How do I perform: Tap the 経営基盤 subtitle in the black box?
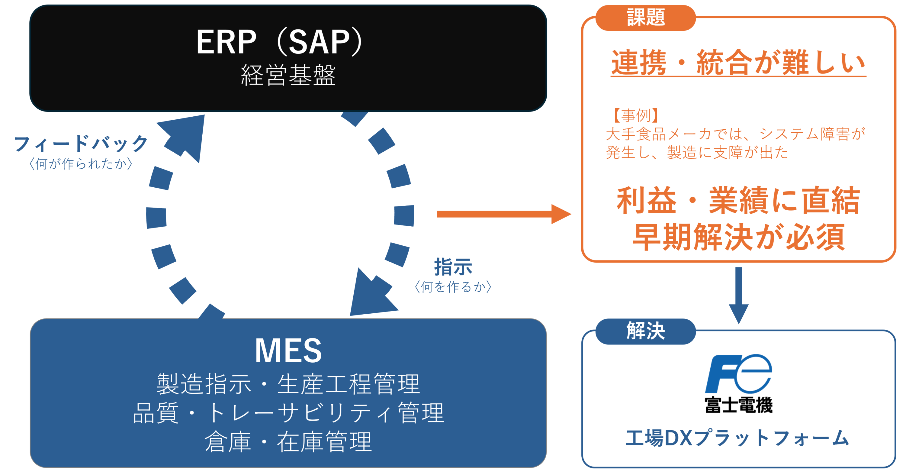[288, 75]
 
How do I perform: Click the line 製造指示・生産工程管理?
[288, 384]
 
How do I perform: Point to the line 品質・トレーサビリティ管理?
[288, 412]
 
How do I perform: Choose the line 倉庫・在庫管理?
[288, 441]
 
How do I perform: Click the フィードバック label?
[81, 144]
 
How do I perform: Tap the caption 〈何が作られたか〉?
[81, 164]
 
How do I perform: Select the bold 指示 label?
[453, 267]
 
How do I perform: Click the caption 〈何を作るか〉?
[453, 287]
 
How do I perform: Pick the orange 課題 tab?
[646, 18]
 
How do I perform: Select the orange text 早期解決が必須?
[738, 237]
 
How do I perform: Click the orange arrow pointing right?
[504, 214]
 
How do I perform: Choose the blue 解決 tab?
[646, 331]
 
